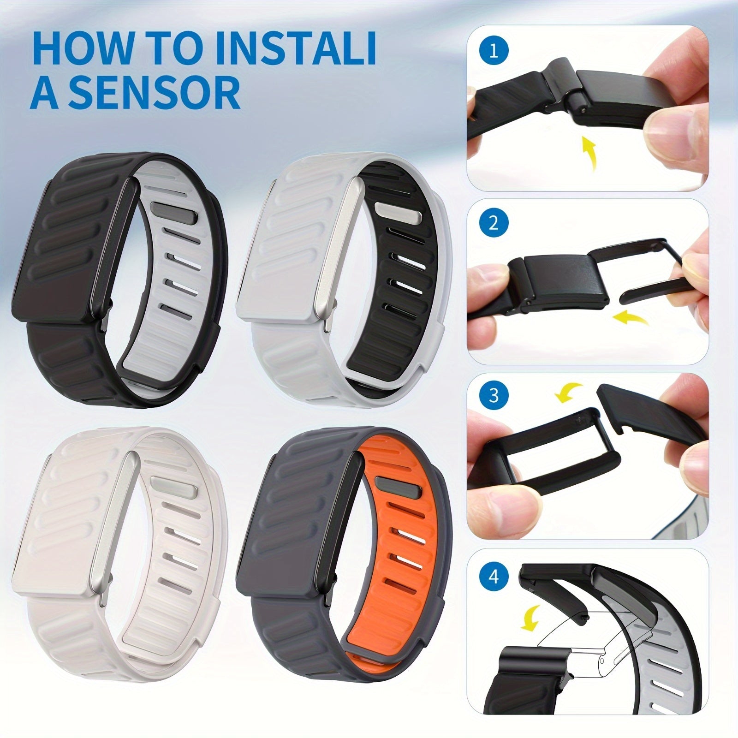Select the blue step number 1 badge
[494, 51]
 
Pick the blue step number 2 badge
[494, 224]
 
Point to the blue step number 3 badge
[494, 395]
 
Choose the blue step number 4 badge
[494, 577]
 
